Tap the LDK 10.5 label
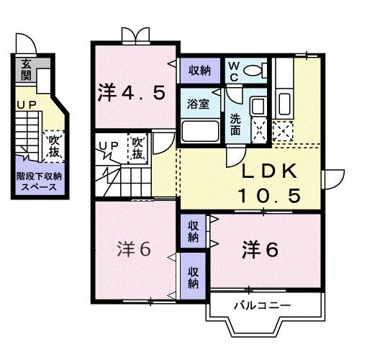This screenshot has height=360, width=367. click(270, 184)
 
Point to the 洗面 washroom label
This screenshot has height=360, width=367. click(235, 123)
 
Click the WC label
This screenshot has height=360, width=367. click(235, 70)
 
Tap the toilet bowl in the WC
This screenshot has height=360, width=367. click(253, 71)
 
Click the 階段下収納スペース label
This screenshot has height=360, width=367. click(40, 181)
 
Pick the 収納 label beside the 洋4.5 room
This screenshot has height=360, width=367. click(200, 70)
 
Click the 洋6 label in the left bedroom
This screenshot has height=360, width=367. click(134, 249)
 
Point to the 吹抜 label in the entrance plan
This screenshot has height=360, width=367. click(53, 146)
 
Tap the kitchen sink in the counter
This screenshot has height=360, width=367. click(284, 104)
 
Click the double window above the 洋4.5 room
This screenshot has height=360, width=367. click(136, 35)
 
